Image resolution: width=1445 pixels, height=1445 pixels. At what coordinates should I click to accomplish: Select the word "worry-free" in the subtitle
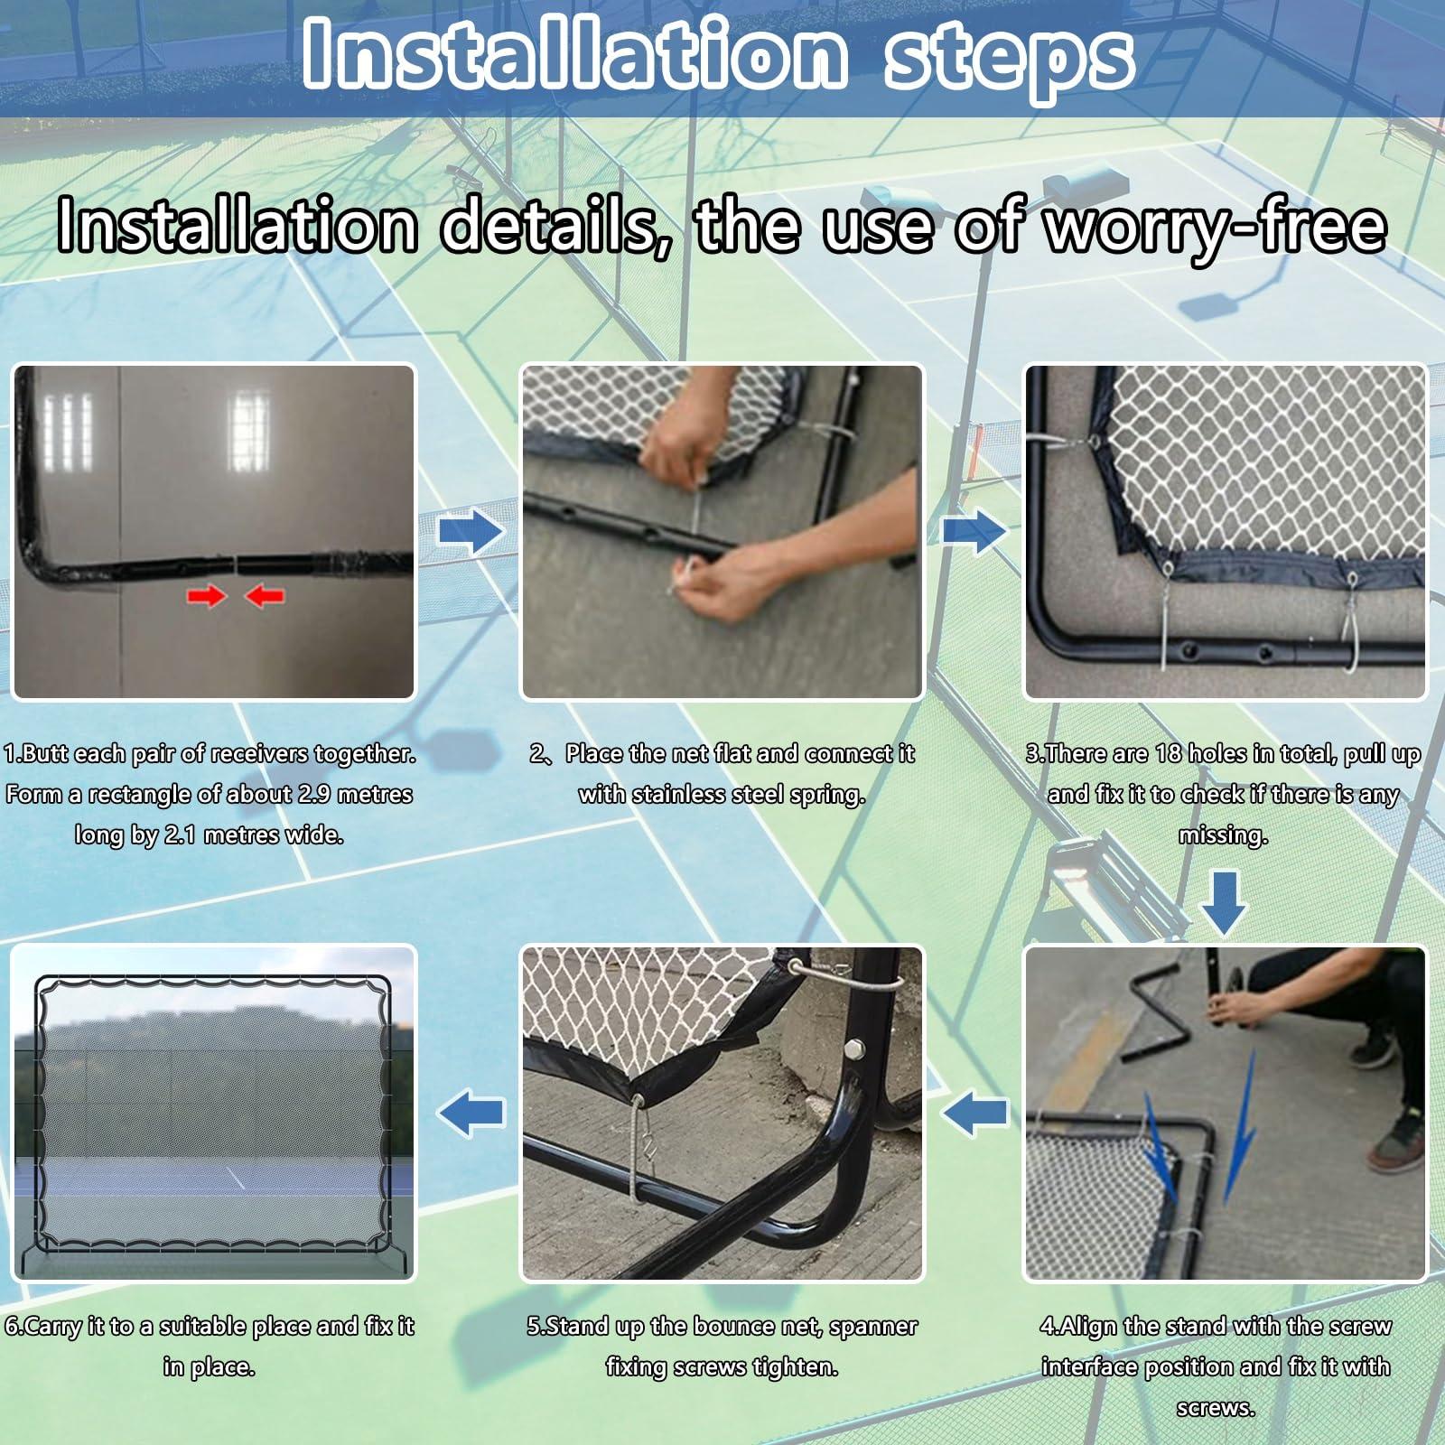tap(1215, 228)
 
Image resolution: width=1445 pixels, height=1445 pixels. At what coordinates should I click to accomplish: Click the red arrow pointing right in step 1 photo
tap(206, 595)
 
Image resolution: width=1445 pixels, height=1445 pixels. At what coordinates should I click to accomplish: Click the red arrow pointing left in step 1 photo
tap(265, 595)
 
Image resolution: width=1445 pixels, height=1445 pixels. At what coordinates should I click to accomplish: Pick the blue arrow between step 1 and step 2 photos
tap(471, 532)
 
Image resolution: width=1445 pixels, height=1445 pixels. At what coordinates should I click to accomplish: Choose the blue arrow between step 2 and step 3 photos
tap(974, 532)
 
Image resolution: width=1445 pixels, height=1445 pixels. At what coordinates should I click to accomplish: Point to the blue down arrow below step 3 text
tap(1224, 902)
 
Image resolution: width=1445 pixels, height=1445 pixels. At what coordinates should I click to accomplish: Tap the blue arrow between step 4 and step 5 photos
tap(974, 1112)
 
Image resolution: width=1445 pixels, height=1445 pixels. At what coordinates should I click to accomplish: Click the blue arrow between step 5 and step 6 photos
tap(471, 1112)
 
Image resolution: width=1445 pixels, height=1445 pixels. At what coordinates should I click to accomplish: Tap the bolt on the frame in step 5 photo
tap(851, 1050)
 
